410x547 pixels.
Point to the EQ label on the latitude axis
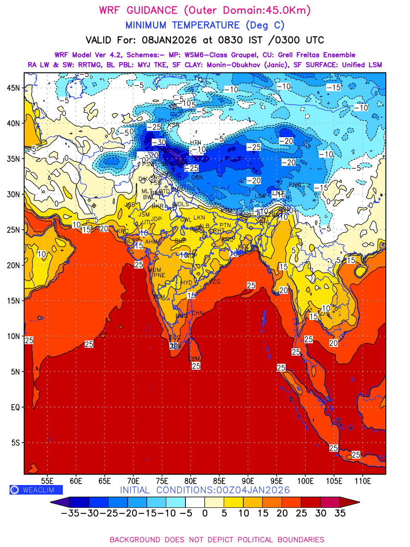click(15, 407)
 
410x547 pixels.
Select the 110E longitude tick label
click(363, 480)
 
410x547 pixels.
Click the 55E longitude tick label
click(47, 480)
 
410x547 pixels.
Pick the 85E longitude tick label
click(220, 480)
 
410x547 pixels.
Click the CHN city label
click(197, 313)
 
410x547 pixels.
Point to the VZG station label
click(215, 282)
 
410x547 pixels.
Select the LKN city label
click(199, 218)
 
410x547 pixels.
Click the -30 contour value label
click(159, 143)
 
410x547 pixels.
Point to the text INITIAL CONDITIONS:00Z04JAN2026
click(205, 490)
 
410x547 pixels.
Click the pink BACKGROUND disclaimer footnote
click(217, 540)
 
